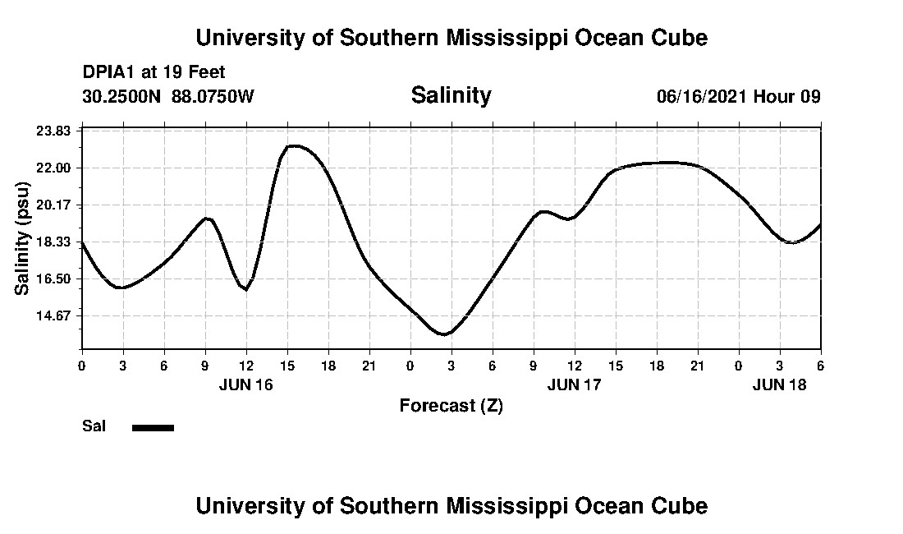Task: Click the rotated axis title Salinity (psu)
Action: pyautogui.click(x=23, y=239)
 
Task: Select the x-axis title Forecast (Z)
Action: pyautogui.click(x=451, y=405)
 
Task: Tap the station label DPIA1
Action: pyautogui.click(x=109, y=72)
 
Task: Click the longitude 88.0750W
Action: pyautogui.click(x=213, y=96)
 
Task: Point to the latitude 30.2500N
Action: pyautogui.click(x=122, y=96)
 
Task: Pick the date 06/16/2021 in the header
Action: pyautogui.click(x=702, y=96)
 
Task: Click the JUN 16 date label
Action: pyautogui.click(x=245, y=384)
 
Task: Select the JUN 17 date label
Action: pyautogui.click(x=574, y=384)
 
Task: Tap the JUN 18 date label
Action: pyautogui.click(x=780, y=384)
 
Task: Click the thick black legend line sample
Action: pyautogui.click(x=153, y=427)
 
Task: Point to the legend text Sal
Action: pyautogui.click(x=94, y=426)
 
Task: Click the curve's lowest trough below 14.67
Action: pyautogui.click(x=444, y=334)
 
